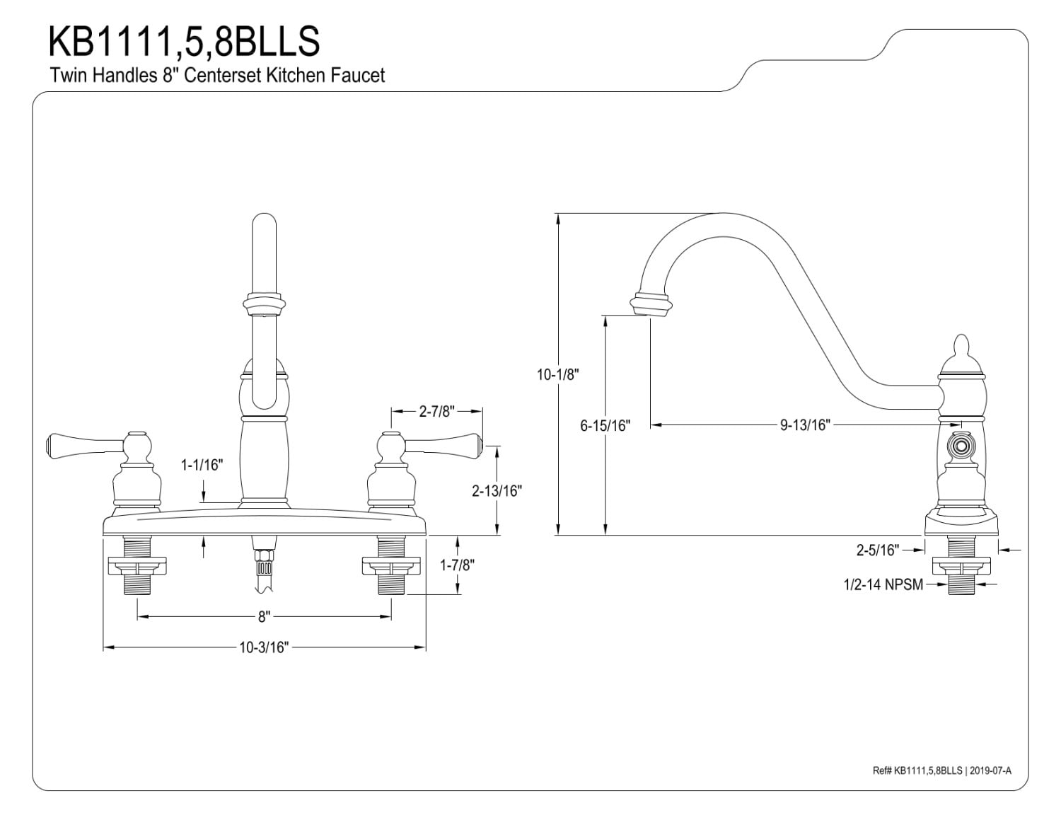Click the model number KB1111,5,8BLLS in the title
pos(184,41)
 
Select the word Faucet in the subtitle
pos(358,75)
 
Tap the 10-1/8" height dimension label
pos(557,374)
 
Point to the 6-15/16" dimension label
pos(605,425)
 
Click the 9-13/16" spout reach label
pos(805,425)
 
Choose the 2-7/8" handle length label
pos(436,411)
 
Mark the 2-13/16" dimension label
pos(497,490)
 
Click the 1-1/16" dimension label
pos(202,465)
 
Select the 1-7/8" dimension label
pos(458,565)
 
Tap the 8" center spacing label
pos(264,617)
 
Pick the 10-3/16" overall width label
pos(264,647)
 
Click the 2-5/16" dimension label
pos(877,550)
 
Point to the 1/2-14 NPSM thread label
pos(883,584)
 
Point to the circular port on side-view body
pos(960,446)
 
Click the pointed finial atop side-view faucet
pos(960,347)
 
